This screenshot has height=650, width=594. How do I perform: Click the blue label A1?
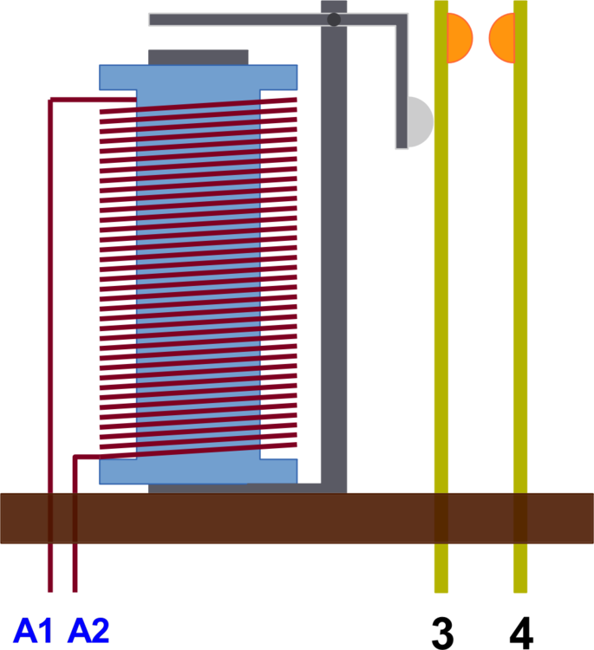pos(32,630)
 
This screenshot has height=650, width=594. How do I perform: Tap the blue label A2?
pos(88,630)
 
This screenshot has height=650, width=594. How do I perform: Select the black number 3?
pos(442,634)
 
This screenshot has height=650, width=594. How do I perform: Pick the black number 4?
pos(521,634)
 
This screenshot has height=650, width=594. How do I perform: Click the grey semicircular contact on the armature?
pos(420,122)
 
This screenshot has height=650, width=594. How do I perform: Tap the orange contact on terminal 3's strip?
pos(460,38)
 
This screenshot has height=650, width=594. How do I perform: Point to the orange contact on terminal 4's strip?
pos(502,38)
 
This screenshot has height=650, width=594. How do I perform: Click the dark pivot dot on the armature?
pos(334,19)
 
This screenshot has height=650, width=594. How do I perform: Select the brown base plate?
pos(297,518)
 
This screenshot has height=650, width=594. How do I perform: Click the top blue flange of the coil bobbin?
pos(199,77)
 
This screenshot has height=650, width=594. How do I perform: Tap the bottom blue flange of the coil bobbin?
pos(199,471)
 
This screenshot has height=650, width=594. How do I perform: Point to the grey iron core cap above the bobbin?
pos(199,57)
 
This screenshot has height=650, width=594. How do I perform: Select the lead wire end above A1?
pos(50,591)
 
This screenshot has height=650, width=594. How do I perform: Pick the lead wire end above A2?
pos(75,591)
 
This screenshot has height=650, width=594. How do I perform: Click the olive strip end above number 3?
pos(441,591)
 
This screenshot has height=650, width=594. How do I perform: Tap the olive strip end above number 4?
pos(520,591)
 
